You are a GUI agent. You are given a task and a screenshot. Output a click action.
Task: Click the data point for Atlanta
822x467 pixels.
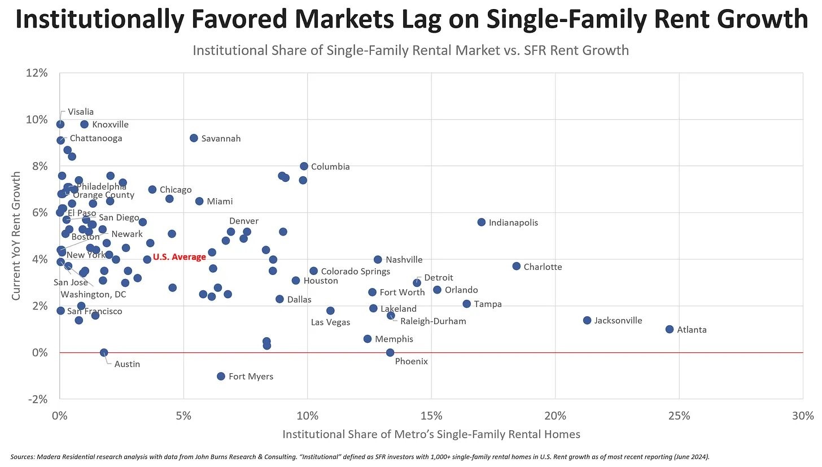tap(670, 329)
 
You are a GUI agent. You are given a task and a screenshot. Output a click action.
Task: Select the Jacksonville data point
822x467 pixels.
tap(587, 320)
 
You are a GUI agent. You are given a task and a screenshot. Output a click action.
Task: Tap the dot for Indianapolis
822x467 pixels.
tap(482, 222)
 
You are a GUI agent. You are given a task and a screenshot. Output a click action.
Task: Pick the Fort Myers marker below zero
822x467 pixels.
tap(221, 376)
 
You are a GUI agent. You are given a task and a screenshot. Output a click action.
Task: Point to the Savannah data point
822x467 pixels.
tap(194, 138)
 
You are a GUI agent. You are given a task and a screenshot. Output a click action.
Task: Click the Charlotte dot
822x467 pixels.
tap(517, 266)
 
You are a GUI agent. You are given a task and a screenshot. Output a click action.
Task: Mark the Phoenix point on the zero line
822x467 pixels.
tap(390, 352)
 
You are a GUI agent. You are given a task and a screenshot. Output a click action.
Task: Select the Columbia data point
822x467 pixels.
tap(304, 166)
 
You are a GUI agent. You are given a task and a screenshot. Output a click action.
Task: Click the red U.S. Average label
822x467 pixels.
tap(180, 257)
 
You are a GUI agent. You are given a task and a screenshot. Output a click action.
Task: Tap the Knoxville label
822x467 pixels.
tap(110, 125)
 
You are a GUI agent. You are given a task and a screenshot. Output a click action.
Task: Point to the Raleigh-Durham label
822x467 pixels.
tap(433, 321)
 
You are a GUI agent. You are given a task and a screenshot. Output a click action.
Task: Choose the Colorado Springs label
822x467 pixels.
tap(355, 272)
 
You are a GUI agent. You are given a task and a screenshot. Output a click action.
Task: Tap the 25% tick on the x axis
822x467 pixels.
tap(679, 416)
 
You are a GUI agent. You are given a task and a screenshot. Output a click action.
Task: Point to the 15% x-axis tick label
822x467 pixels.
tap(431, 416)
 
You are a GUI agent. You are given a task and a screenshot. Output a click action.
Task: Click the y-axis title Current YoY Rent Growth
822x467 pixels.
tap(17, 235)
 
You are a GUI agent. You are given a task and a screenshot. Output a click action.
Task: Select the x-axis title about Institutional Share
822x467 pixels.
tap(431, 434)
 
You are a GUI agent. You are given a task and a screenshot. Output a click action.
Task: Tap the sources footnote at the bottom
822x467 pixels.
tap(360, 456)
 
